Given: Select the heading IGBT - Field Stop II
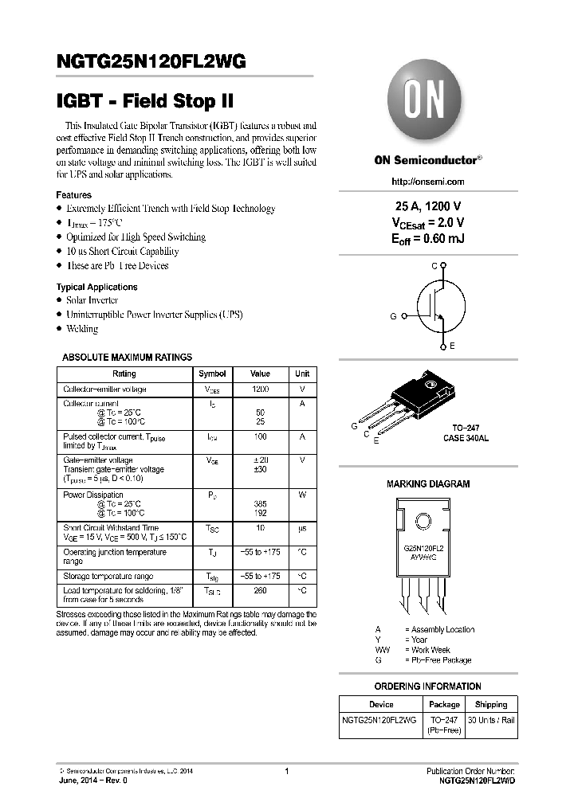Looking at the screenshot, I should (146, 103).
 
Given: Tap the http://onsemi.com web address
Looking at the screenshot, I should (427, 182).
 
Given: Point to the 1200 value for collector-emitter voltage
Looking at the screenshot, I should (260, 389).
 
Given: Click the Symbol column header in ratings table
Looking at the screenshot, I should (212, 374).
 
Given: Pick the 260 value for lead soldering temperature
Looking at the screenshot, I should (260, 591).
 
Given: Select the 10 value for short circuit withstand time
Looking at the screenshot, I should (260, 528).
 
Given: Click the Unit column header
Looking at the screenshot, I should (302, 374).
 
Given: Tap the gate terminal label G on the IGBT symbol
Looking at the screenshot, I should (393, 316).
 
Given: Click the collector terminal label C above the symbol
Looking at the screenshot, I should (434, 265).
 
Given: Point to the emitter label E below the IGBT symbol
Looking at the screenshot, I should (452, 346).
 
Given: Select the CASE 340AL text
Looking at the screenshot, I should (467, 439).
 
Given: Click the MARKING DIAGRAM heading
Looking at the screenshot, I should (428, 483).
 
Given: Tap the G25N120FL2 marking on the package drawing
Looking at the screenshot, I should (423, 550).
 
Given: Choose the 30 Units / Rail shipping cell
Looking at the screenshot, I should (491, 720).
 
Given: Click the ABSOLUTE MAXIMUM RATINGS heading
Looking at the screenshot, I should (127, 358).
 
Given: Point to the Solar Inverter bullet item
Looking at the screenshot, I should (92, 300).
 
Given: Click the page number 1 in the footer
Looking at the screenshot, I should (286, 771).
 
